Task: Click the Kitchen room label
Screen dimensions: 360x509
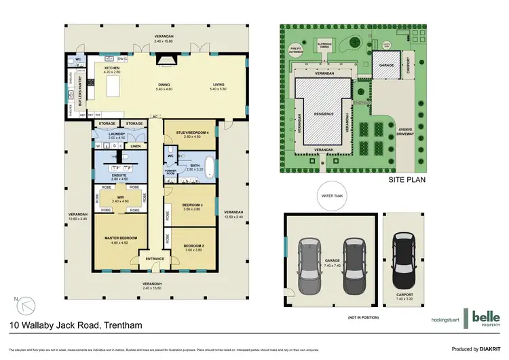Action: (111, 68)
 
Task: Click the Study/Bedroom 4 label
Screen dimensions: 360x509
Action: (189, 133)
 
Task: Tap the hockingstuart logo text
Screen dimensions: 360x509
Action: (446, 319)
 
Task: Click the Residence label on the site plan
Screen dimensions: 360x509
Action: (323, 114)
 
